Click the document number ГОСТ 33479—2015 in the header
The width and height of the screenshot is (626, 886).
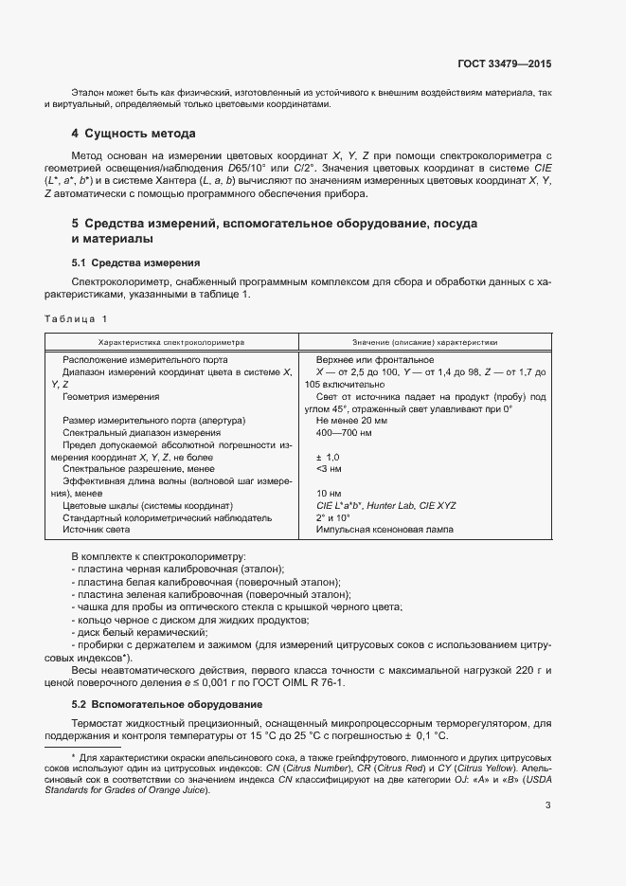tap(503, 63)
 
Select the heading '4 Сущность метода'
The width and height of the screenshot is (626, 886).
tap(134, 134)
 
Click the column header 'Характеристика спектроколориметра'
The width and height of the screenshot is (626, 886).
tap(171, 341)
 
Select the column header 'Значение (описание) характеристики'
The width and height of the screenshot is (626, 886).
tap(424, 341)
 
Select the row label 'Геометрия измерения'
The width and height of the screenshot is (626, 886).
tap(111, 397)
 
